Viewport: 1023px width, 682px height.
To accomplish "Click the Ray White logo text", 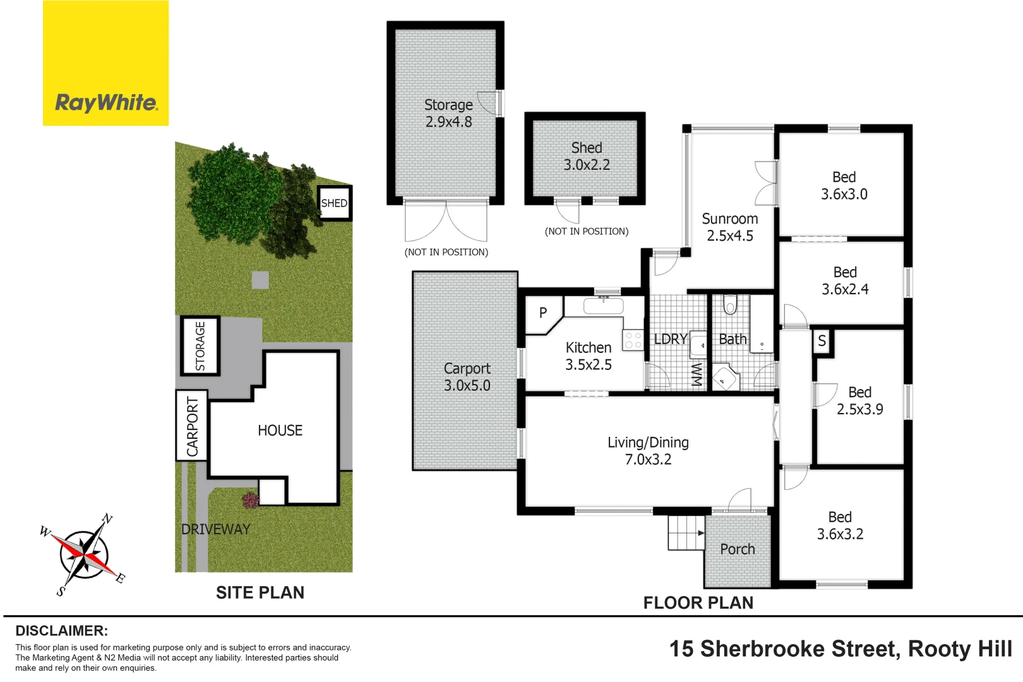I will [106, 102].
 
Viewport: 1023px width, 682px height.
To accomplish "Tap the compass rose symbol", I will [83, 555].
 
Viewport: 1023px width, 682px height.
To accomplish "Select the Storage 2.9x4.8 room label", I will [448, 113].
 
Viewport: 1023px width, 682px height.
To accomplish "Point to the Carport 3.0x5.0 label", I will [467, 377].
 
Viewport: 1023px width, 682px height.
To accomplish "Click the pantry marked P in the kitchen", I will [542, 313].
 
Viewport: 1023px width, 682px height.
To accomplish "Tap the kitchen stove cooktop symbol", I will [632, 340].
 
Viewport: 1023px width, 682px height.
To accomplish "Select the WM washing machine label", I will [697, 374].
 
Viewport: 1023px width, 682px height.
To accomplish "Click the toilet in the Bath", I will [730, 304].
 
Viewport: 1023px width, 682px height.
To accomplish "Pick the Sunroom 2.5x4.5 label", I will [730, 227].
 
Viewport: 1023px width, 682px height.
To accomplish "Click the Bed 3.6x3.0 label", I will [844, 186].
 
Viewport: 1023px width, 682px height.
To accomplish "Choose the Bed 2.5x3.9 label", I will [859, 401].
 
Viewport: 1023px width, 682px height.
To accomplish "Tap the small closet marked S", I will [822, 342].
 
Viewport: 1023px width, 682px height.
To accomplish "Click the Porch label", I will [737, 549].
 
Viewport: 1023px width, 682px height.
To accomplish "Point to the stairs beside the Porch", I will [686, 533].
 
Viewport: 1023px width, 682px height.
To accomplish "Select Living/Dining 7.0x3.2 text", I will [648, 451].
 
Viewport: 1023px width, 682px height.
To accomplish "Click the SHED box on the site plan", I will [334, 203].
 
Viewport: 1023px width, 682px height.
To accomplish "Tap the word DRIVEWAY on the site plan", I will [216, 529].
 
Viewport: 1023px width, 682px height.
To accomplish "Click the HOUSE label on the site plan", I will [280, 431].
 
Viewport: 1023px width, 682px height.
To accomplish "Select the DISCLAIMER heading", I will [61, 631].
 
